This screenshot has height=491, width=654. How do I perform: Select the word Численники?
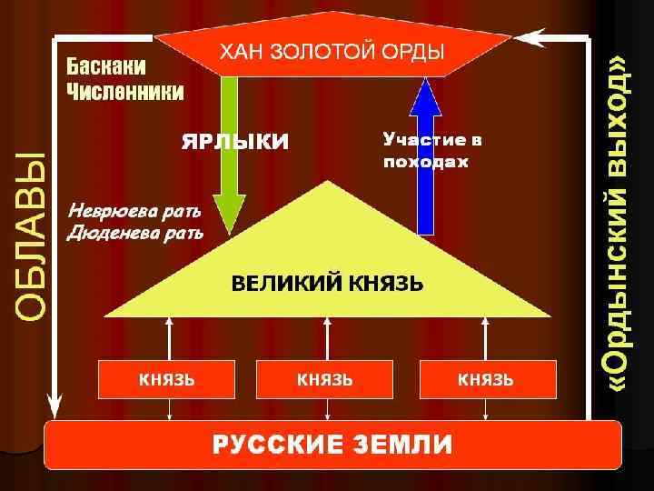(124, 92)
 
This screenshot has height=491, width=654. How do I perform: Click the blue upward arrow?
(425, 155)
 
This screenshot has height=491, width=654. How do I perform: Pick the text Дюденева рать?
(135, 233)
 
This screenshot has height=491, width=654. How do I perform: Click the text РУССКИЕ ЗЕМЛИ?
(332, 445)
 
